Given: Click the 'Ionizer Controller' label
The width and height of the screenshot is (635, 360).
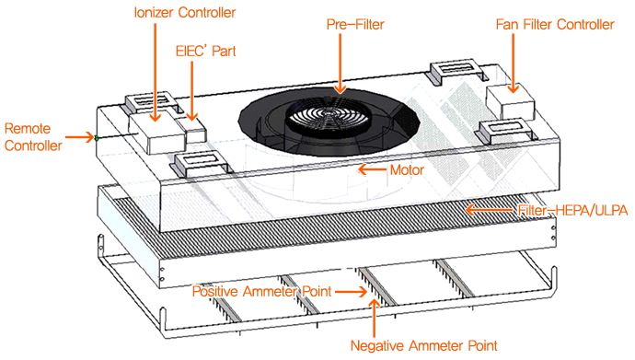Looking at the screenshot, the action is pyautogui.click(x=185, y=13).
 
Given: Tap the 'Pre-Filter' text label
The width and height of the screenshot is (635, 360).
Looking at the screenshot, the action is pyautogui.click(x=355, y=25).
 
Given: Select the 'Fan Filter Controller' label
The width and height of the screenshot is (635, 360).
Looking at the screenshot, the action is pyautogui.click(x=555, y=25).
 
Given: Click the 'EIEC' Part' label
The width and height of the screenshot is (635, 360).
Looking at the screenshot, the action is pyautogui.click(x=206, y=51).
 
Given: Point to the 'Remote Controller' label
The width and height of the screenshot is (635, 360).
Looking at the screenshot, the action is pyautogui.click(x=33, y=137).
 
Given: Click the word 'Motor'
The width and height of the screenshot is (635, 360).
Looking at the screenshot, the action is pyautogui.click(x=407, y=170).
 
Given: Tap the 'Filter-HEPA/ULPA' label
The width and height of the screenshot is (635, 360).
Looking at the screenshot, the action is pyautogui.click(x=572, y=210).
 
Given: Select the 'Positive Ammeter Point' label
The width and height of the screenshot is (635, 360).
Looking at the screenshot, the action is pyautogui.click(x=261, y=291).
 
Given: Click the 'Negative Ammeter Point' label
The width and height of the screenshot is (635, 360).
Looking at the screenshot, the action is pyautogui.click(x=423, y=346).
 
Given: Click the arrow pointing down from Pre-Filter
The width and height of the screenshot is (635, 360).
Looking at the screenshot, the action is pyautogui.click(x=341, y=64).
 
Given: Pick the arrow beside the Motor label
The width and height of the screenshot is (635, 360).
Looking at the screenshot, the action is pyautogui.click(x=372, y=169).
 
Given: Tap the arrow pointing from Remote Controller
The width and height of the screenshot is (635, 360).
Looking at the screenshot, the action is pyautogui.click(x=80, y=137).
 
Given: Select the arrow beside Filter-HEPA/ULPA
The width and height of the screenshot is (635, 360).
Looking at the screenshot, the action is pyautogui.click(x=490, y=210).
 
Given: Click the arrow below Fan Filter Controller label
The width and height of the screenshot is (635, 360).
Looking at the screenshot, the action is pyautogui.click(x=514, y=63).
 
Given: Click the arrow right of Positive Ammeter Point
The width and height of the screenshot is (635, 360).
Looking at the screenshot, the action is pyautogui.click(x=352, y=292).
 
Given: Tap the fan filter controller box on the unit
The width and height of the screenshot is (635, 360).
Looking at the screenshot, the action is pyautogui.click(x=510, y=102).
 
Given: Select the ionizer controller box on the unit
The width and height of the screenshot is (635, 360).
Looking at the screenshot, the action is pyautogui.click(x=156, y=131).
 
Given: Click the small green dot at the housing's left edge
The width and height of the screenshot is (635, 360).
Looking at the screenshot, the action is pyautogui.click(x=97, y=138).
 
